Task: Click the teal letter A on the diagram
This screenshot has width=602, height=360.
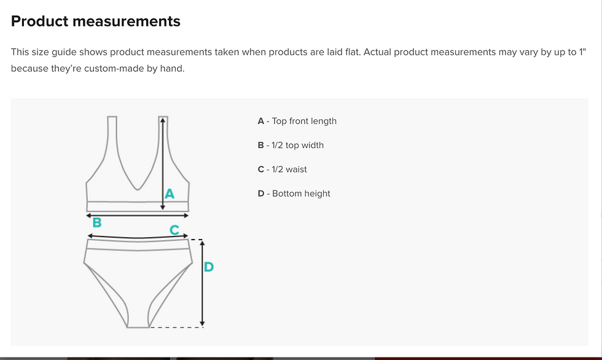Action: [170, 194]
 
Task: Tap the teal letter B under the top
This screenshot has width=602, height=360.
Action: [97, 222]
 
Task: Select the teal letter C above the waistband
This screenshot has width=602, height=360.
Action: [174, 230]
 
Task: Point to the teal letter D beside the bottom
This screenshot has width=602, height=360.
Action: [209, 267]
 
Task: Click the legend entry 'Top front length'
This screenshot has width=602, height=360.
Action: [304, 121]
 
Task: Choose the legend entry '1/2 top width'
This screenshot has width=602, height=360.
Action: [297, 146]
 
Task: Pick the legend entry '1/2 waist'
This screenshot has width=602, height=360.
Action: [289, 170]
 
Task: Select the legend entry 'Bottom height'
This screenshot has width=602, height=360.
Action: [301, 194]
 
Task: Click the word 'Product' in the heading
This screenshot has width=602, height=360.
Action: [39, 21]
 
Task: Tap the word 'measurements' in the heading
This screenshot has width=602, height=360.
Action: [127, 21]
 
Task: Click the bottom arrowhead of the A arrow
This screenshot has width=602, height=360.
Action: [163, 207]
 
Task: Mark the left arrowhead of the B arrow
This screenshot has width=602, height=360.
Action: [88, 216]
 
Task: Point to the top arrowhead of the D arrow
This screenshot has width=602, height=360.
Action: [202, 243]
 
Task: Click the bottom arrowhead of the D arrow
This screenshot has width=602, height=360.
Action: [202, 324]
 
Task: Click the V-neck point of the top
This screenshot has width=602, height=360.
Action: [138, 189]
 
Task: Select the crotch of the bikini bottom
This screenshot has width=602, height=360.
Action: [138, 327]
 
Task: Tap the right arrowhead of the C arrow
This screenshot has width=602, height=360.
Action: [186, 236]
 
